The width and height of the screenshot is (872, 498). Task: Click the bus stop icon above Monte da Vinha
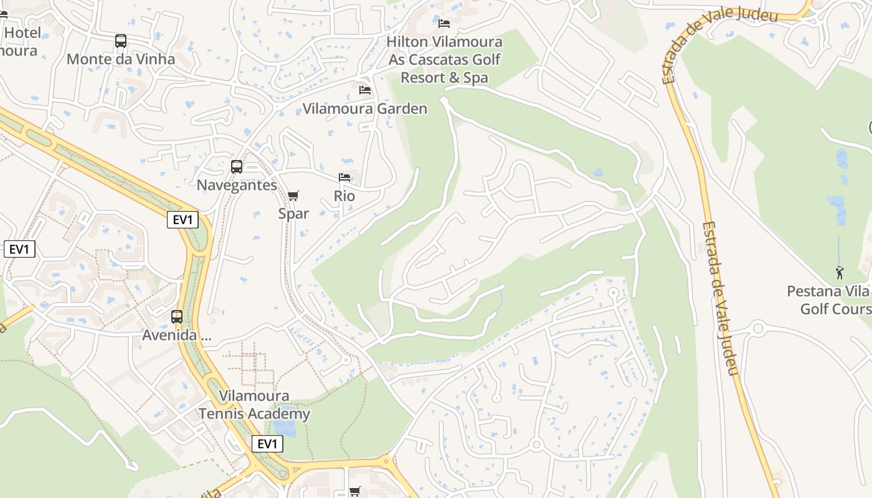tap(121, 41)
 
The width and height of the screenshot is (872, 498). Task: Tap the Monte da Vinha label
tap(121, 59)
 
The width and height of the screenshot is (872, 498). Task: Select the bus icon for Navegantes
tap(237, 167)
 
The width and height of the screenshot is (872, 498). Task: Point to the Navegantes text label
tap(237, 185)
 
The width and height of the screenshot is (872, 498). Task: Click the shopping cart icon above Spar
tap(293, 195)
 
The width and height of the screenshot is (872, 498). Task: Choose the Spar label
tap(293, 214)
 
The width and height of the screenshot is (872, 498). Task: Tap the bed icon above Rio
tap(344, 177)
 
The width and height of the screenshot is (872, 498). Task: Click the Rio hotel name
tap(344, 195)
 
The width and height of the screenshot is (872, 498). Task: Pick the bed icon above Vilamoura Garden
tap(365, 90)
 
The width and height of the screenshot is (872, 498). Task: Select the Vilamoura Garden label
tap(365, 108)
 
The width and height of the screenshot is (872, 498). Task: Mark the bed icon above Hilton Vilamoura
tap(444, 24)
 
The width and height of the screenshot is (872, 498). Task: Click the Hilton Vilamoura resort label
tap(444, 60)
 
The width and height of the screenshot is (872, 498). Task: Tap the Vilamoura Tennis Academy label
tap(254, 405)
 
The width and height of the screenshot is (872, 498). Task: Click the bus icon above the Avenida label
tap(177, 317)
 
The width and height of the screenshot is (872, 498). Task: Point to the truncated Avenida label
tap(178, 335)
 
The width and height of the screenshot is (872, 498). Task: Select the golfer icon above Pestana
tap(840, 273)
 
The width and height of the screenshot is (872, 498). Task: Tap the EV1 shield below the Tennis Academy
tap(267, 444)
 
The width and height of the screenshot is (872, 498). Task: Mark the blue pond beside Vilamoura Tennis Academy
tap(285, 428)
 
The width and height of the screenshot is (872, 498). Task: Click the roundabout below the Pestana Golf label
tap(757, 328)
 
